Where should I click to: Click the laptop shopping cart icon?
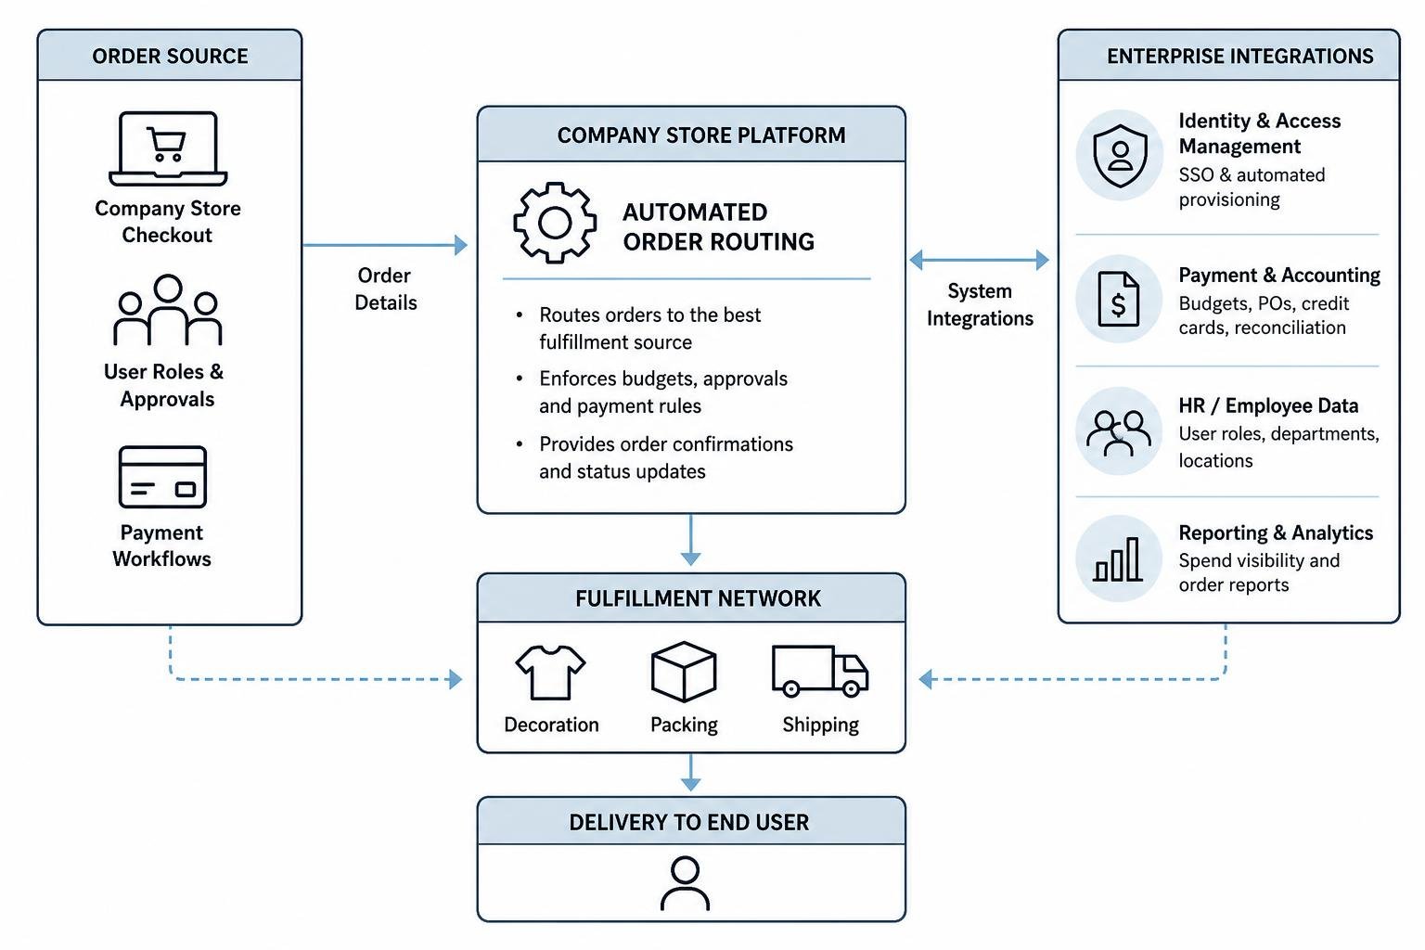(168, 148)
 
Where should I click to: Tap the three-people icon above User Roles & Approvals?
(168, 310)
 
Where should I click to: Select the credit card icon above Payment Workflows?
(163, 477)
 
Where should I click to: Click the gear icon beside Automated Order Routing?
(555, 223)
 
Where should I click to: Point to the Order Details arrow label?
(386, 289)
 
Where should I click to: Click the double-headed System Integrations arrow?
(979, 260)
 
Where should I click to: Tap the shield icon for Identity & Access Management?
(1120, 156)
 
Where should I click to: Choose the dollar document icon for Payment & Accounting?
(1118, 299)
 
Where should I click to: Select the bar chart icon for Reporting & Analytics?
(1118, 559)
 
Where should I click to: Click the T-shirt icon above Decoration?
(550, 673)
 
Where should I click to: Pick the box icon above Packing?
(684, 672)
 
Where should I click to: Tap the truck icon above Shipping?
(820, 672)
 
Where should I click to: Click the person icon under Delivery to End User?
(685, 883)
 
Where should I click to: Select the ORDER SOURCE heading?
(170, 56)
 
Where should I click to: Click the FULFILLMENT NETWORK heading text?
(698, 598)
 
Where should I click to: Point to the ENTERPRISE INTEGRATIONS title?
(1239, 56)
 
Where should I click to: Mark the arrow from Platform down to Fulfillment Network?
(691, 540)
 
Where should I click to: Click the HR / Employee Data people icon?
(1118, 432)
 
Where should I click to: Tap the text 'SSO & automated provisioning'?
(1252, 187)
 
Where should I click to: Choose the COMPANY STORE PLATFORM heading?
(701, 135)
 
